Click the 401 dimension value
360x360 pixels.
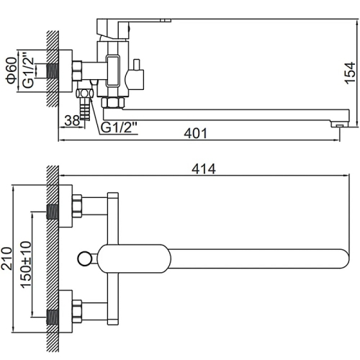(195, 133)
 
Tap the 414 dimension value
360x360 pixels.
(204, 169)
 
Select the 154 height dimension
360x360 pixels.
(350, 73)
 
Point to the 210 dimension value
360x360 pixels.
(6, 258)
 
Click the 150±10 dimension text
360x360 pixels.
(26, 264)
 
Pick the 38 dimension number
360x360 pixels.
(72, 120)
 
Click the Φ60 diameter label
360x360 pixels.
(12, 71)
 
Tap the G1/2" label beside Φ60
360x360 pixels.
(29, 73)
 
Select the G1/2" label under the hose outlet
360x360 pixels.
(119, 127)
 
